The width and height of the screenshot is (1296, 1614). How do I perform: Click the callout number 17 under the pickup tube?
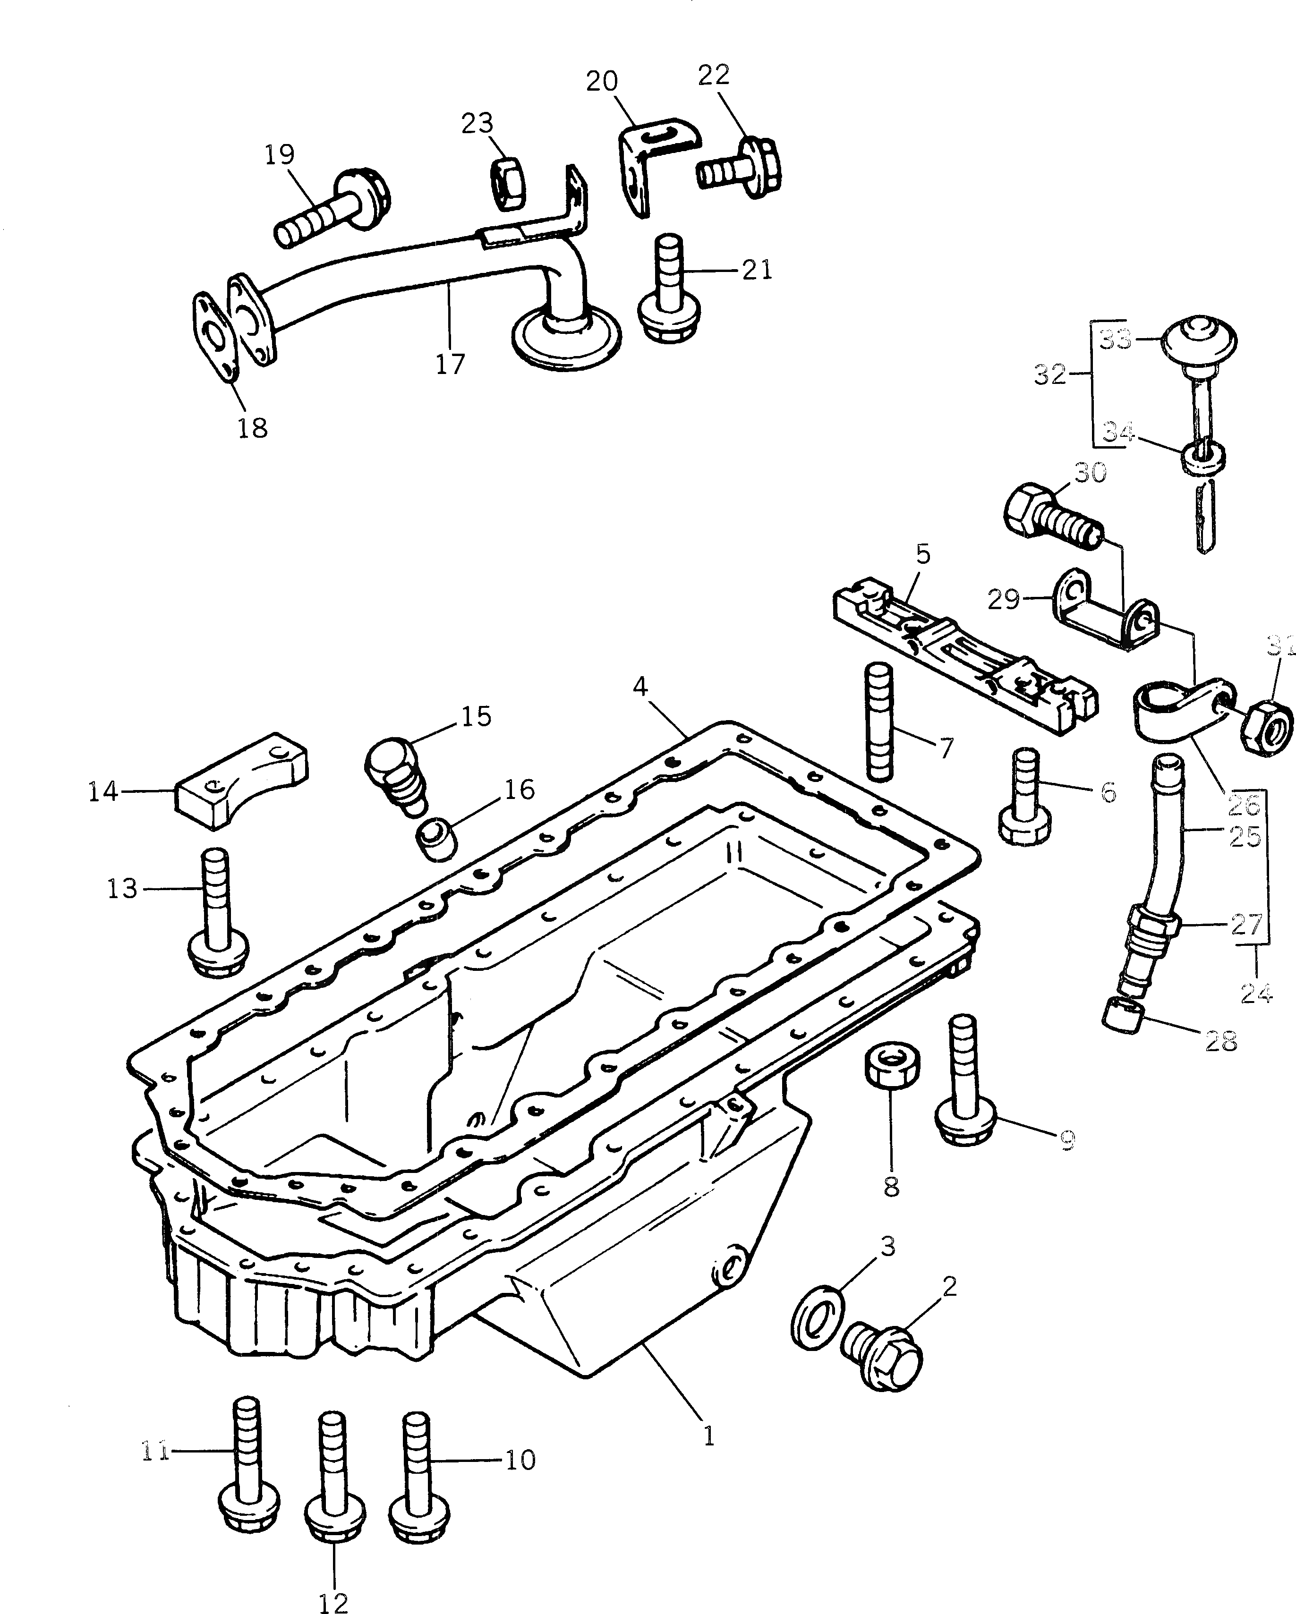[450, 364]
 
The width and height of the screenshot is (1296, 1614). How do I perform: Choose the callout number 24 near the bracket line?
[1255, 994]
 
